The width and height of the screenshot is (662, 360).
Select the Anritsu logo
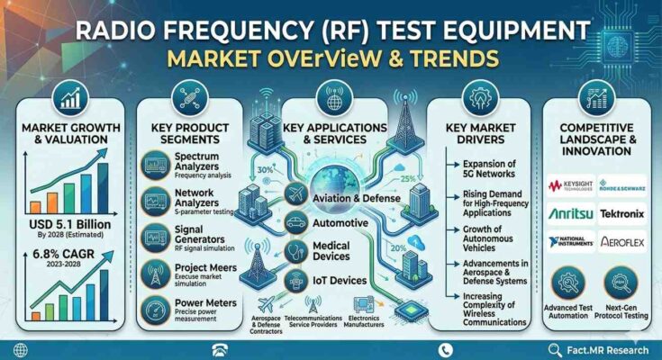click(570, 214)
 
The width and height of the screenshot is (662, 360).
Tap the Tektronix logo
click(621, 214)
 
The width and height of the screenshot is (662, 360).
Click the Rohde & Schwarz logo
click(621, 187)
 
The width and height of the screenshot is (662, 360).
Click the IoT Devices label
click(340, 281)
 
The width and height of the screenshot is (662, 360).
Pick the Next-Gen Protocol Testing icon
click(622, 285)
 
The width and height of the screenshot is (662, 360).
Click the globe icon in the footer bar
click(19, 349)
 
